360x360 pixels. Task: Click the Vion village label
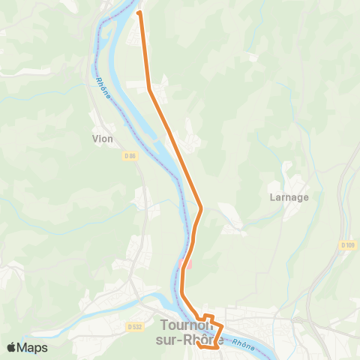point(102,139)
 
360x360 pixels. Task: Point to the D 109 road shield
point(346,245)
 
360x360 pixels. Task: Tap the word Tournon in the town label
point(191,326)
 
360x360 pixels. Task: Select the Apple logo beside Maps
point(12,347)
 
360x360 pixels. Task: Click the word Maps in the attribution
point(32,347)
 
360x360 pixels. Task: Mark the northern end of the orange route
point(139,13)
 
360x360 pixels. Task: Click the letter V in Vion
point(94,139)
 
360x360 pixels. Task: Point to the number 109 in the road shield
point(349,245)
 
